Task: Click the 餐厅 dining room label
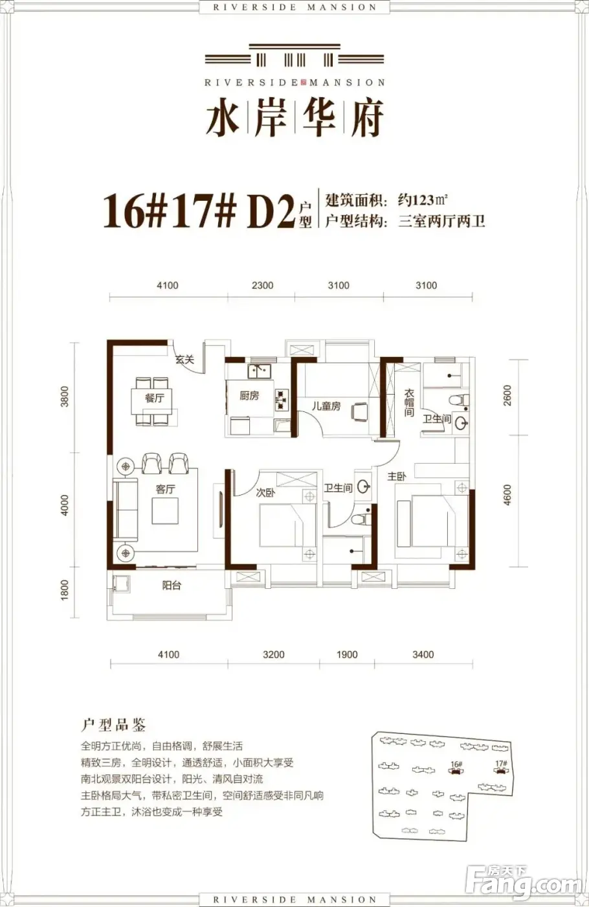[x=155, y=398]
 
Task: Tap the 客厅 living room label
[x=165, y=489]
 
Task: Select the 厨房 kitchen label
[x=249, y=395]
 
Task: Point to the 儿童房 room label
[x=326, y=406]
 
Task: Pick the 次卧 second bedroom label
[x=265, y=492]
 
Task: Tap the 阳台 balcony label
[x=172, y=585]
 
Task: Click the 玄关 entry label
[x=185, y=359]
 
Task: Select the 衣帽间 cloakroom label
[x=409, y=402]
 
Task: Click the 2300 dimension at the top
[x=263, y=286]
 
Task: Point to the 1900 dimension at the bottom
[x=347, y=655]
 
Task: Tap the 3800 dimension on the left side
[x=65, y=396]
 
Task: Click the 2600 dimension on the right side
[x=507, y=395]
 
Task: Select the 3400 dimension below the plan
[x=423, y=655]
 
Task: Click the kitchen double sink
[x=260, y=371]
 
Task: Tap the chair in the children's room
[x=360, y=413]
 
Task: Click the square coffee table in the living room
[x=165, y=511]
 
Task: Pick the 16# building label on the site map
[x=456, y=764]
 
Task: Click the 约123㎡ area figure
[x=422, y=200]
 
